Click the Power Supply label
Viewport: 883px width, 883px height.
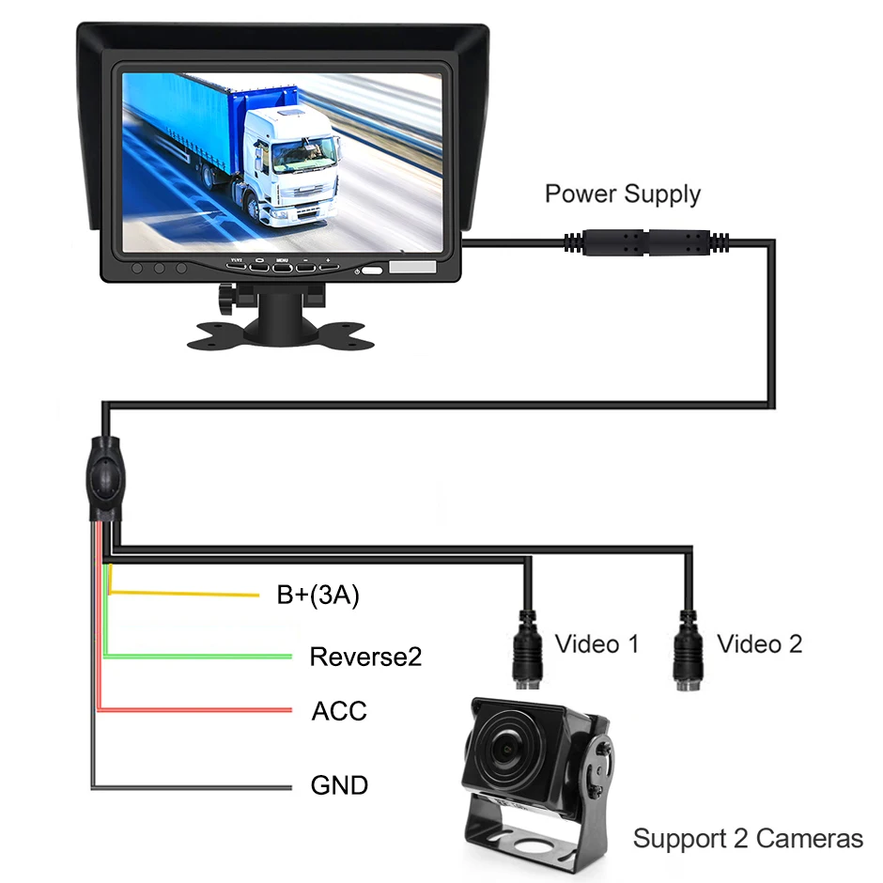coord(622,194)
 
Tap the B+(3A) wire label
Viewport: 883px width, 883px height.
coord(318,596)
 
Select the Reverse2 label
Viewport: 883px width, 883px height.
coord(365,656)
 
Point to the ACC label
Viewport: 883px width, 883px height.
coord(339,710)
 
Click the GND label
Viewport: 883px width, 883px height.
coord(339,783)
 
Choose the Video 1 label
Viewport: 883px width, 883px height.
coord(596,643)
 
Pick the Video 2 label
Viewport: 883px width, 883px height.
coord(759,643)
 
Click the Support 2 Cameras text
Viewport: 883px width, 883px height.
coord(748,838)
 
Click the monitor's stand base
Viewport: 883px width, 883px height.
coord(280,333)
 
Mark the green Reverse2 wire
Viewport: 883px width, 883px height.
coord(207,656)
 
